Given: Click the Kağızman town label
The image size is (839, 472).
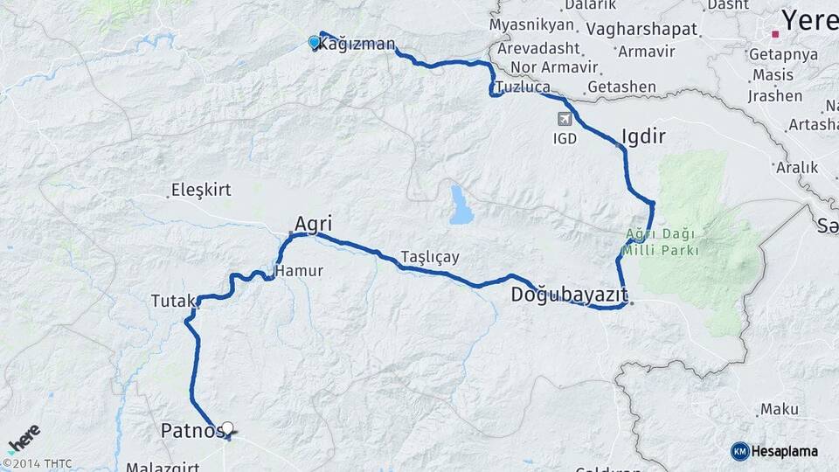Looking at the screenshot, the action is tap(357, 44).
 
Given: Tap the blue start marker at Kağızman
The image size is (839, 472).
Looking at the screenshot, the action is tap(315, 41).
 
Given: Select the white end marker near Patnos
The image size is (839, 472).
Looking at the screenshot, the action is tap(228, 428).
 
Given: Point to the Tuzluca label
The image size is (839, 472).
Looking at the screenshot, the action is tap(523, 87).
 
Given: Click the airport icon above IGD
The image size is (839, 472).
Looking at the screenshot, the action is tap(565, 117).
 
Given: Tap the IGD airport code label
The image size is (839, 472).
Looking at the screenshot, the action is tap(565, 139).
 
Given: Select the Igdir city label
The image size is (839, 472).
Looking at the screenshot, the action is tap(643, 136).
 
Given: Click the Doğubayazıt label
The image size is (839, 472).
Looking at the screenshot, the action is tap(569, 294).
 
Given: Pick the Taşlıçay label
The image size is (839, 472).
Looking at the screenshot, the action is tap(429, 257).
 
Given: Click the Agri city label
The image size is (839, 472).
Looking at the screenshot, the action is tap(313, 224).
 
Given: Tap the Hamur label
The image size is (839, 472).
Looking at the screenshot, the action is tap(299, 272).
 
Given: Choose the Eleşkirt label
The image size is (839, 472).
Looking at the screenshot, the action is tap(198, 190).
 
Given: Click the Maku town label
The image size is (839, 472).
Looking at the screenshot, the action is tap(780, 409).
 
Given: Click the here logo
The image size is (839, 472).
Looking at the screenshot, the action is tap(24, 436).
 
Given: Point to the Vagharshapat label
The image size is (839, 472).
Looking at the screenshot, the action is tap(642, 29).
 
